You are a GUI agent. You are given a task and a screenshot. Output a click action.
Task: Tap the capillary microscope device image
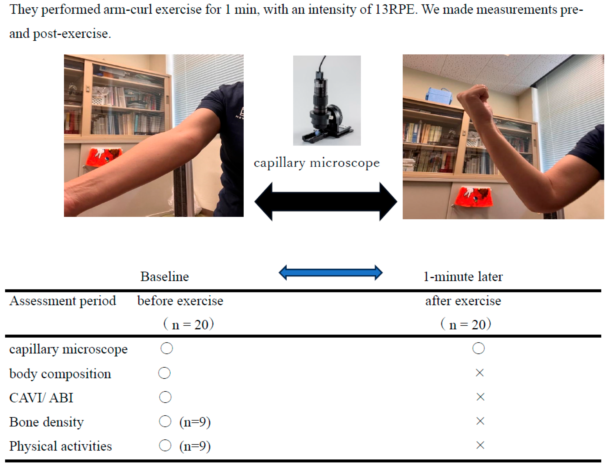tap(327, 100)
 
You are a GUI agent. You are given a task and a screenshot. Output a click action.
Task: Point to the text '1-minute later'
tap(463, 276)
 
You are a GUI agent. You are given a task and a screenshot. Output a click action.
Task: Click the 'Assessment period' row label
tap(63, 301)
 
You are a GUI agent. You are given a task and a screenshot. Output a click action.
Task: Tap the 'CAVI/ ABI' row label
tap(41, 397)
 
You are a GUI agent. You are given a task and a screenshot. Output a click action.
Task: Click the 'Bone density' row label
tap(47, 422)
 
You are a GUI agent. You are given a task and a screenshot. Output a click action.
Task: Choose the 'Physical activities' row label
tap(60, 446)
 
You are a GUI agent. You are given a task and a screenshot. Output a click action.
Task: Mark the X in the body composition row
tap(480, 373)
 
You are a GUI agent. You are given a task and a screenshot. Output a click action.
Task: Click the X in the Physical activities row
tap(480, 445)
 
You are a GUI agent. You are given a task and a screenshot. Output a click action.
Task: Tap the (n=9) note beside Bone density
tap(195, 422)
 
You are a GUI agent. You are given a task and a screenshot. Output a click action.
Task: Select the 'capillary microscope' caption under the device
tap(317, 163)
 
